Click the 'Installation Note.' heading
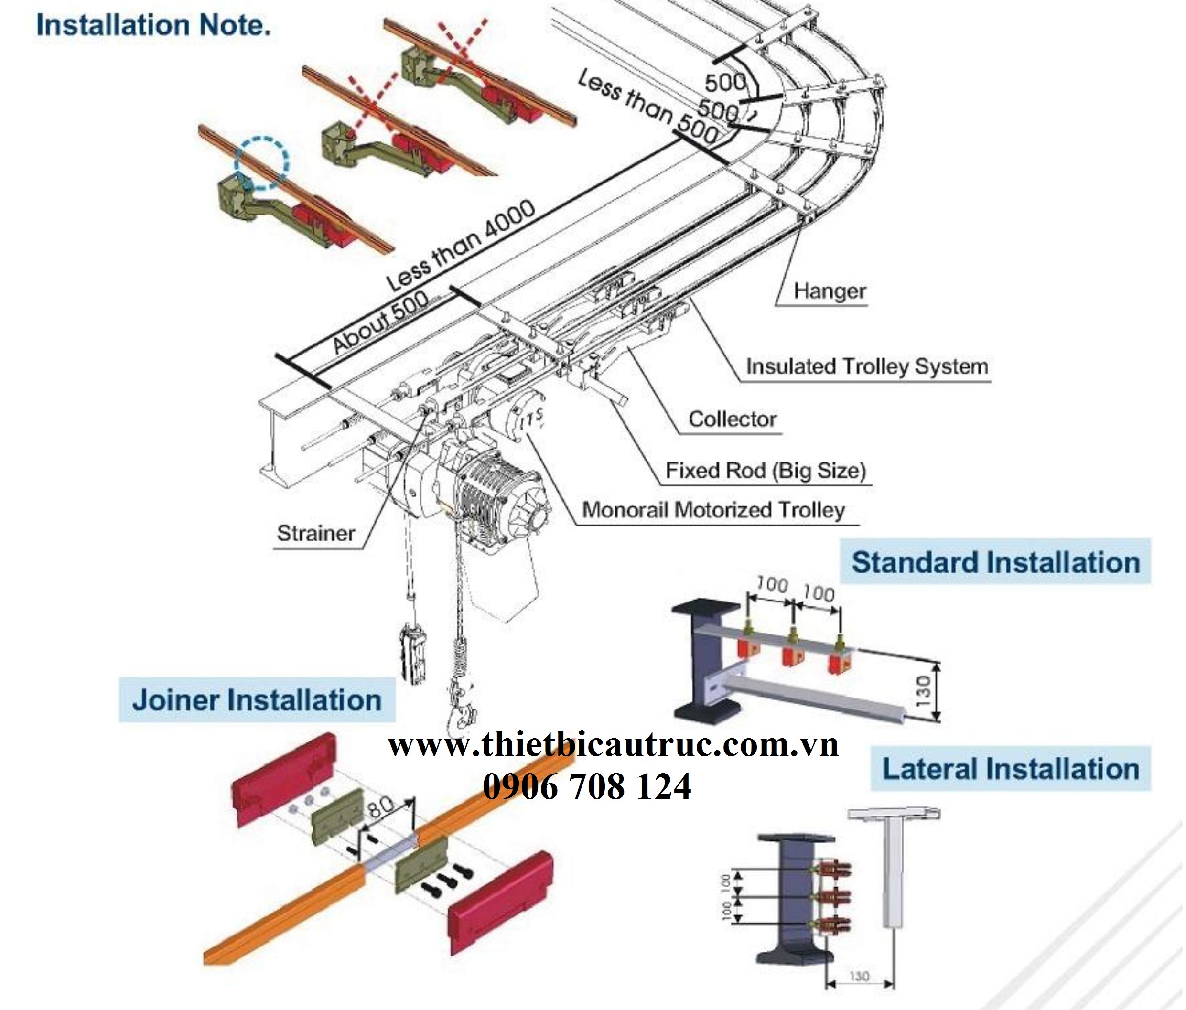pyautogui.click(x=153, y=26)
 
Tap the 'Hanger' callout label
pyautogui.click(x=829, y=291)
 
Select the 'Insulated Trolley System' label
pyautogui.click(x=867, y=366)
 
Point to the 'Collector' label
pyautogui.click(x=732, y=419)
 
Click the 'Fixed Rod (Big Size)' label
pyautogui.click(x=766, y=471)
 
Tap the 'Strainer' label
pyautogui.click(x=316, y=533)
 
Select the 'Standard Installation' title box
pyautogui.click(x=995, y=562)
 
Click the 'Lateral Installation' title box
pyautogui.click(x=1010, y=769)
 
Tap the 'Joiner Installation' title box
pyautogui.click(x=257, y=700)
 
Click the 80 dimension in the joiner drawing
pyautogui.click(x=381, y=807)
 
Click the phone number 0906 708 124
pyautogui.click(x=587, y=787)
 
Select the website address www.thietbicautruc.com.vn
pyautogui.click(x=613, y=745)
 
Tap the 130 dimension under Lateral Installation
pyautogui.click(x=859, y=976)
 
